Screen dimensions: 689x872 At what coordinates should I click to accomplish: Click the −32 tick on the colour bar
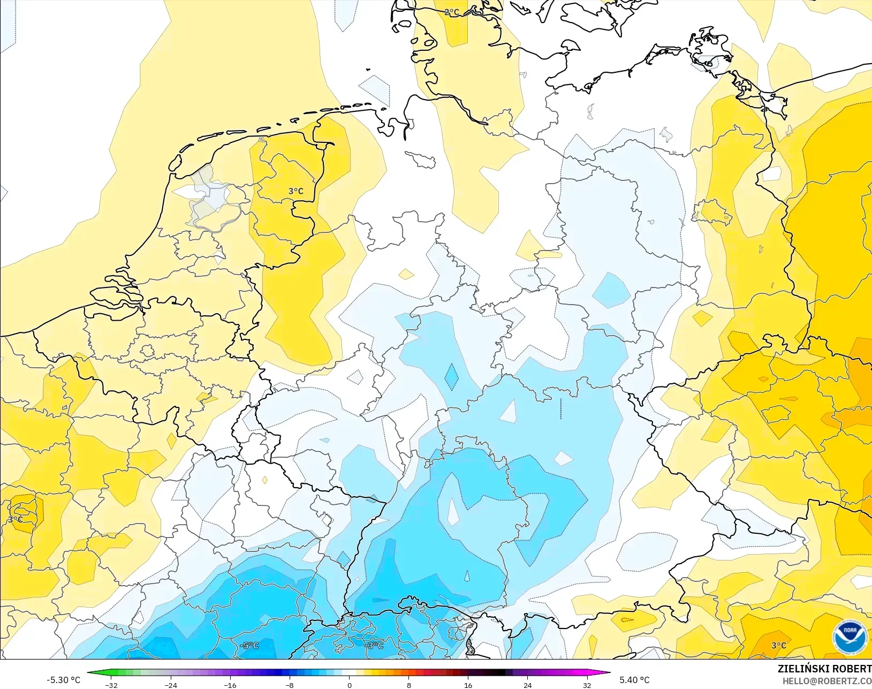coord(111,685)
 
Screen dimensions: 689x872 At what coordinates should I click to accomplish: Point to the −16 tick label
coord(230,685)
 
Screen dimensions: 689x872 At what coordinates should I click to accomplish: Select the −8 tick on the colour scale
coord(290,685)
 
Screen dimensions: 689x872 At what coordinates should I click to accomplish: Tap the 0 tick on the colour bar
coord(350,685)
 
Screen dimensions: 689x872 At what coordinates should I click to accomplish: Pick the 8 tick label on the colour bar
coord(409,685)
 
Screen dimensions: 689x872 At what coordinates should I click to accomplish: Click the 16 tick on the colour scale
coord(468,685)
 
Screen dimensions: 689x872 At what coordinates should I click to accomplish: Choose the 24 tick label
coord(528,685)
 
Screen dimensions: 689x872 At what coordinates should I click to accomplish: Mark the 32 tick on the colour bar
coord(587,685)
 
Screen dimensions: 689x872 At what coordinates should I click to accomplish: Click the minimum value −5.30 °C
coord(63,680)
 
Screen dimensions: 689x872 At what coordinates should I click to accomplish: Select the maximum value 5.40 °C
coord(634,680)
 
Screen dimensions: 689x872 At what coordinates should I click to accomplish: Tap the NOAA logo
coord(850,637)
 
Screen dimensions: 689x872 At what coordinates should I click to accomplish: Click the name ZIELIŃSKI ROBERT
coord(824,669)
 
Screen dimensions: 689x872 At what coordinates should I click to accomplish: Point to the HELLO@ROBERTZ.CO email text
coord(827,681)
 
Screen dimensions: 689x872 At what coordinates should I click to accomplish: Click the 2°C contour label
coord(451,12)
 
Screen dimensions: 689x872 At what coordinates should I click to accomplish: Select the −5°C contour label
coord(249,646)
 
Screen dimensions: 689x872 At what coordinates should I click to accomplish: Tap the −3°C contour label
coord(374,646)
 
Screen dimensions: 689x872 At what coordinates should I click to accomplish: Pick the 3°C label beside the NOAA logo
coord(778,646)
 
